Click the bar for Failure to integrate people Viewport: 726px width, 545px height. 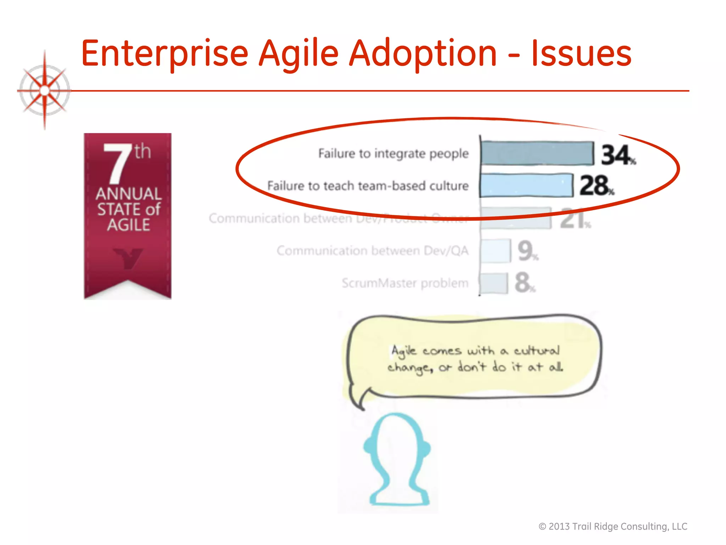[537, 153]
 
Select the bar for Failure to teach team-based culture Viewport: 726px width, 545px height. [526, 186]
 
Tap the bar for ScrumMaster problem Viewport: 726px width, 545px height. [493, 283]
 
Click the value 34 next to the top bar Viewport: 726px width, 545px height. [616, 155]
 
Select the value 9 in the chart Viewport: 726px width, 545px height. [525, 251]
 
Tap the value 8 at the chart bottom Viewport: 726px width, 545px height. [523, 283]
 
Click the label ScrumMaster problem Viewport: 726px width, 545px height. [405, 283]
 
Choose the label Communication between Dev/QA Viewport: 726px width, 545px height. [372, 251]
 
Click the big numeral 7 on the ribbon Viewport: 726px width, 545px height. [116, 164]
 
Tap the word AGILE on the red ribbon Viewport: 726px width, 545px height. [128, 225]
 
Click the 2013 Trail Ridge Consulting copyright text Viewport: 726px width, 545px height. [613, 526]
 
